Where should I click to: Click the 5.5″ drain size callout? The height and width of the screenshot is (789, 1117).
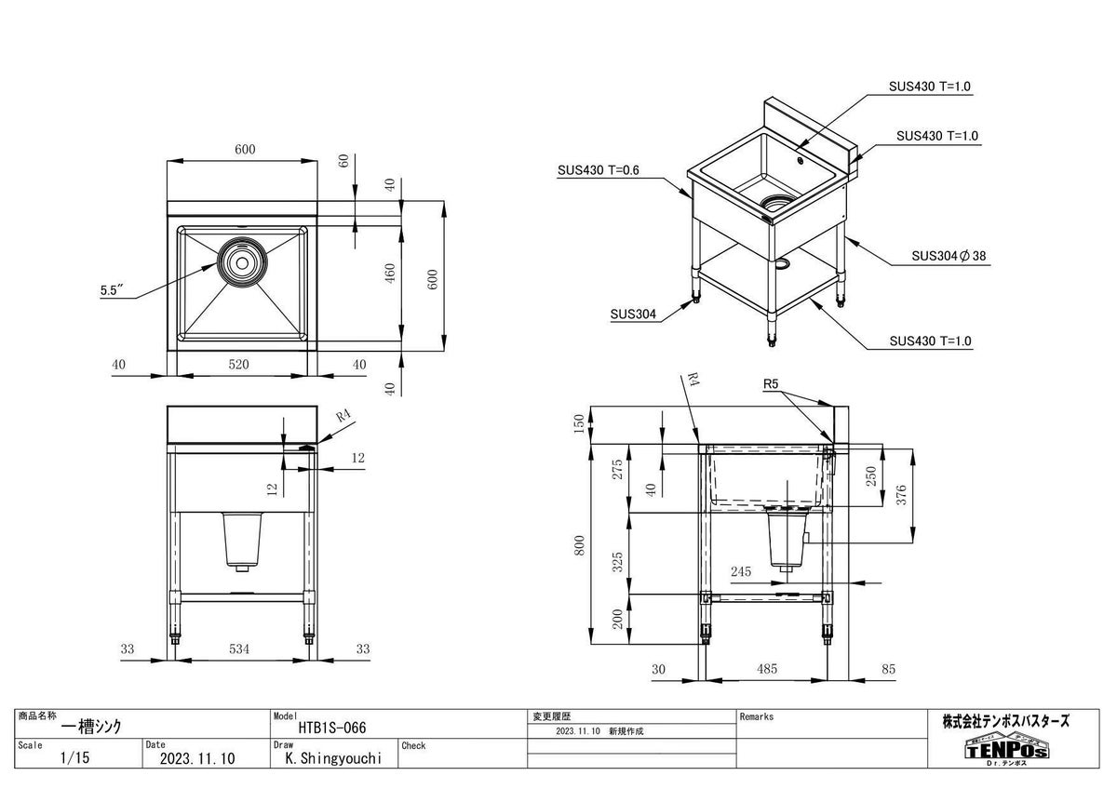coord(112,290)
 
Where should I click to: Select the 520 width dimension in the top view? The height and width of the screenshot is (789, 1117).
coord(239,365)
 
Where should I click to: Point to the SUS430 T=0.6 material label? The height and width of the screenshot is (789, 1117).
coord(597,170)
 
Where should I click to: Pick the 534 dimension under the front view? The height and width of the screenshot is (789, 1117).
coord(239,649)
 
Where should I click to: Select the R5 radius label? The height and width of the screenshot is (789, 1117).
coord(770,383)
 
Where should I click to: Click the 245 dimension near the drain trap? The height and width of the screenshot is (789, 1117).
coord(742,571)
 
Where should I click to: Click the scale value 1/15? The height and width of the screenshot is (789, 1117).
coord(74,758)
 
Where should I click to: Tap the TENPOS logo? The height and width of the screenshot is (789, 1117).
coord(1006,748)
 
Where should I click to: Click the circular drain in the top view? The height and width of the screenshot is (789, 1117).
coord(242,261)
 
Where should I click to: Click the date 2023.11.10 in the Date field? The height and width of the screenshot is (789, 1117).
coord(197,758)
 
